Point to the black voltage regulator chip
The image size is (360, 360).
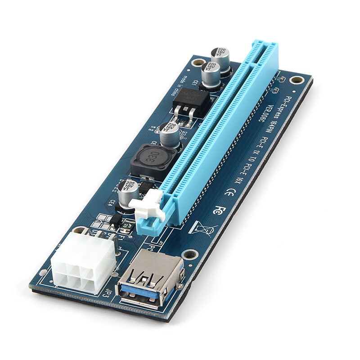[192, 99]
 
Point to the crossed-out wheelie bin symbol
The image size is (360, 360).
[202, 228]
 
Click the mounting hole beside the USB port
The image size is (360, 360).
[191, 254]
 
